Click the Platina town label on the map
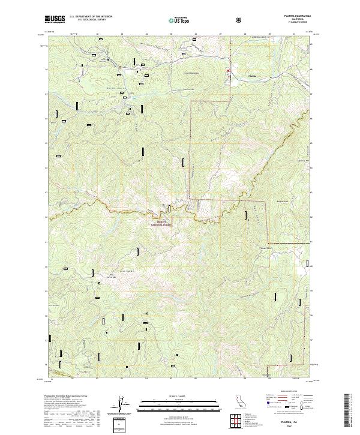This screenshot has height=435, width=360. [252, 76]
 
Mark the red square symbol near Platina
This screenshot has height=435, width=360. [229, 71]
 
